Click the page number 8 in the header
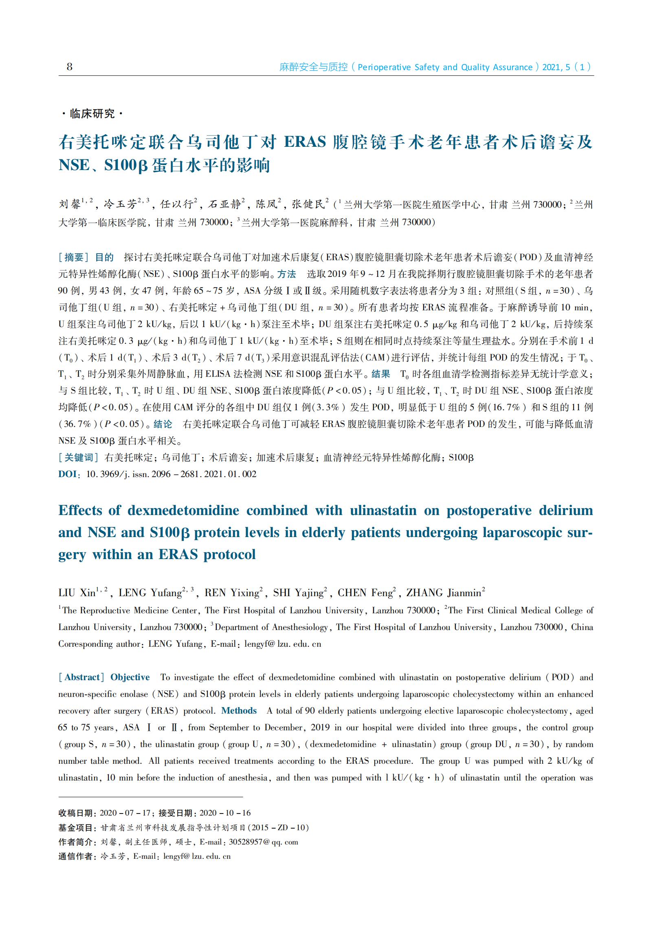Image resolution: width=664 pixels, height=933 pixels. coord(70,67)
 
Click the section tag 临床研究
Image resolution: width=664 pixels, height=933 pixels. coord(92,113)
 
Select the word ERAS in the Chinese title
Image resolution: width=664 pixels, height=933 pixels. coord(305,142)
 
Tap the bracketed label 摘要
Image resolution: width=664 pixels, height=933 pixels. coord(74,257)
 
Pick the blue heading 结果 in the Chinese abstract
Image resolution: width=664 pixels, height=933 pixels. coord(380,374)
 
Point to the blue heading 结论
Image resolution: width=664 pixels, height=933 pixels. coord(163,424)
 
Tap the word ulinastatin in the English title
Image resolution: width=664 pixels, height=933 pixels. coord(383,510)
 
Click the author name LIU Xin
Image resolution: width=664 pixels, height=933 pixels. coord(77,593)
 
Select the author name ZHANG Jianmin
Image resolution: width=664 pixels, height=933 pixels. coord(444,593)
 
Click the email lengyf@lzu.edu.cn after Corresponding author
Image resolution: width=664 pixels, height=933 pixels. coord(283,644)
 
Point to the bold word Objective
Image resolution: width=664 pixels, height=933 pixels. coord(130,677)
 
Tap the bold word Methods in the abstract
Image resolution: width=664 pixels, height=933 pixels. coord(239,711)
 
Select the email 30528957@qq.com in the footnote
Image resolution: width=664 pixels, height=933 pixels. coord(263,842)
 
